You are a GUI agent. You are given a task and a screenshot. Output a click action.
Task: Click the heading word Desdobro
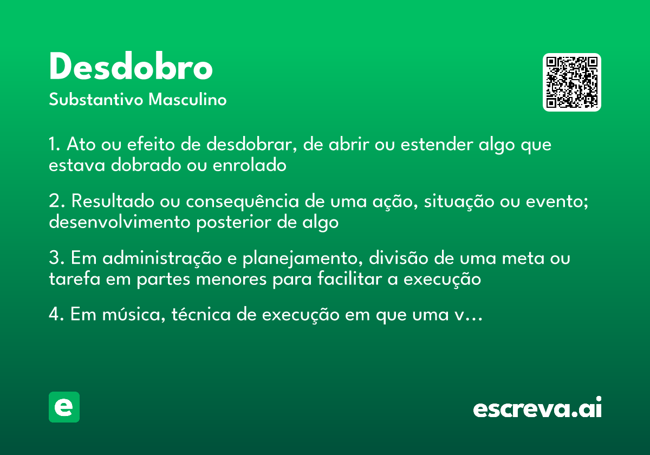131,67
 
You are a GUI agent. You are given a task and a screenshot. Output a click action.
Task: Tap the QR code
572,82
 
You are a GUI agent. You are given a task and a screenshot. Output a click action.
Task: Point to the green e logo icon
64,407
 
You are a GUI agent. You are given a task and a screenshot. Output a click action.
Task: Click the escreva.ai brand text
537,408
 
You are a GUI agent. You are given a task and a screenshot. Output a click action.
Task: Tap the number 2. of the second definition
56,202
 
